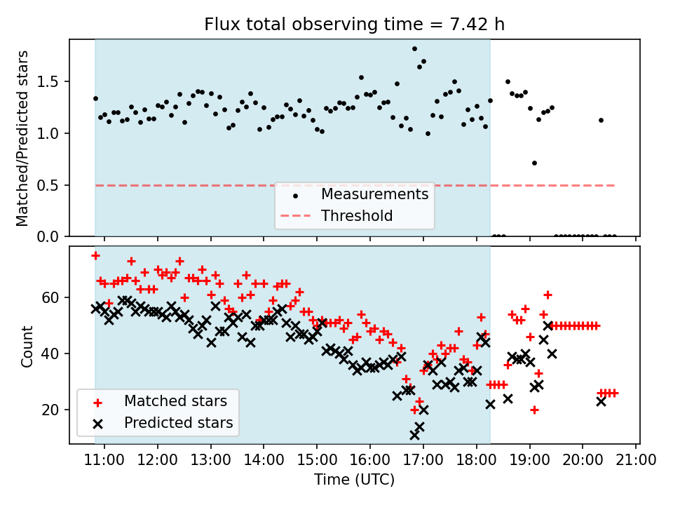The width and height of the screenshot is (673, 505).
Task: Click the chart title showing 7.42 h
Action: pos(354,25)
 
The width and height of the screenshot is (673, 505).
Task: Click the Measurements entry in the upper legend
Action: pos(374,194)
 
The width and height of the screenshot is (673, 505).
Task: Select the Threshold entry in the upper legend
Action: pos(357,216)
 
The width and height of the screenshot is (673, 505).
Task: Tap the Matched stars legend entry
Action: pos(175,401)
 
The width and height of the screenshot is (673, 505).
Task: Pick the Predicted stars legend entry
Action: pos(178,424)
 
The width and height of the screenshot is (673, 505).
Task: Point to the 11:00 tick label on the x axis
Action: pos(104,461)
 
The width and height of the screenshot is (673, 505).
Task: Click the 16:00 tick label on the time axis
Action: pos(370,461)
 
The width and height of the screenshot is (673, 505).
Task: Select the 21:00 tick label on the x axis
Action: pos(636,461)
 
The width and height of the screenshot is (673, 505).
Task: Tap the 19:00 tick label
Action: pos(529,461)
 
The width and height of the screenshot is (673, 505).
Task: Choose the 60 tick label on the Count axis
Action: pos(55,297)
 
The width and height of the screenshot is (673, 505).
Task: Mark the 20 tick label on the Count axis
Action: pos(55,410)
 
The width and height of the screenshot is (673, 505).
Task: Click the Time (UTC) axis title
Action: pos(354,480)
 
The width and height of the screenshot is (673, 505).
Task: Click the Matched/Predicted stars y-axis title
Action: pos(22,138)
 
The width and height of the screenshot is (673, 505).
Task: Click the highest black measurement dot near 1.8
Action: pos(414,49)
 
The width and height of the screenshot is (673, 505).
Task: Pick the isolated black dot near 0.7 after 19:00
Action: pos(534,163)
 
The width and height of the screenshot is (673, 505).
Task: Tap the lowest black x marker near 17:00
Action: pos(414,435)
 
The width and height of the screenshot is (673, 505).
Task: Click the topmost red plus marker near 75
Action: pos(95,255)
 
